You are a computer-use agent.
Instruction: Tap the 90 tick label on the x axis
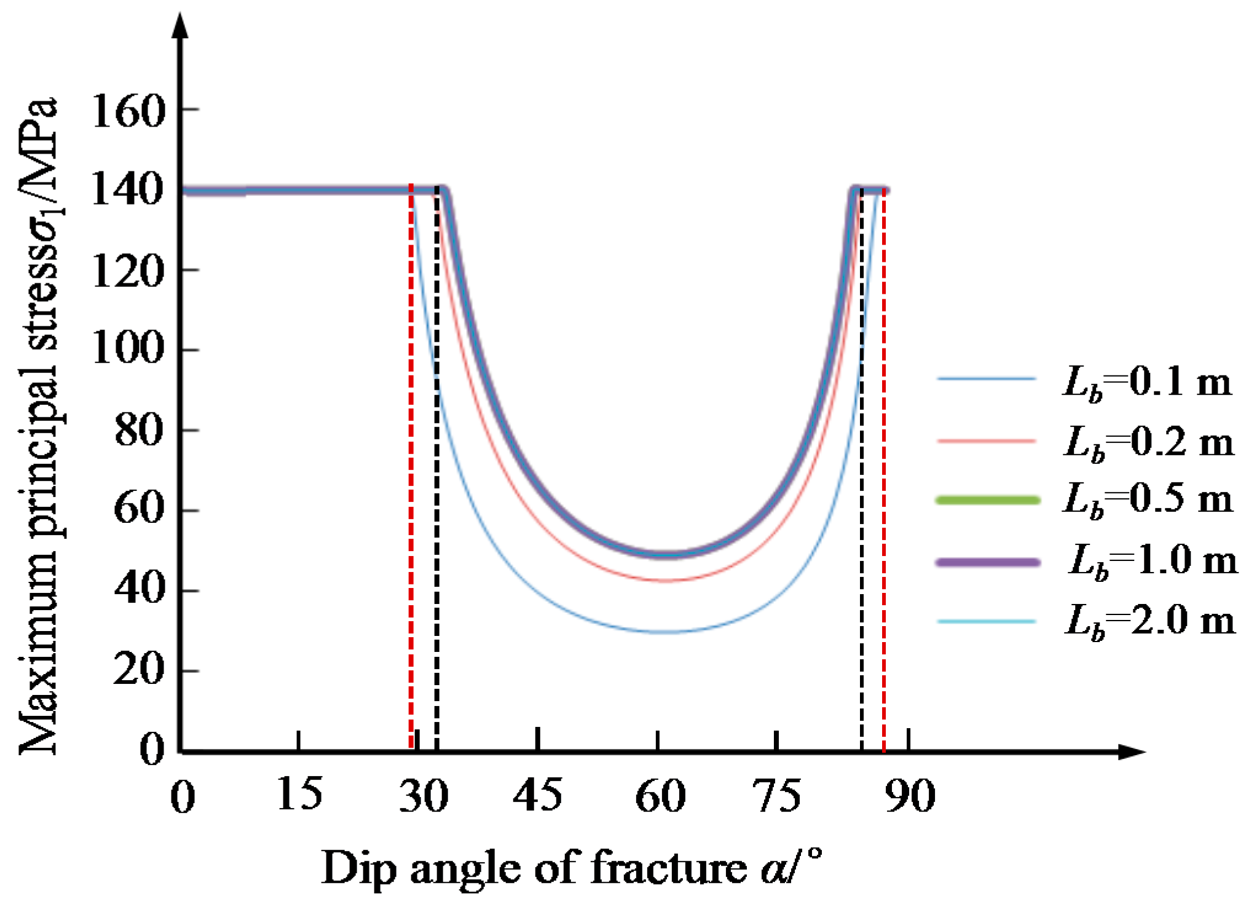tap(910, 796)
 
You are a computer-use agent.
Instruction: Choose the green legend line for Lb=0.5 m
tap(987, 500)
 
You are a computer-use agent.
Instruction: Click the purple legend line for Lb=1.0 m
tap(987, 562)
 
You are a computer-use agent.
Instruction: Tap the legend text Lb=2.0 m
tap(1149, 621)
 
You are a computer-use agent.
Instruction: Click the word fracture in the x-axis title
tap(668, 868)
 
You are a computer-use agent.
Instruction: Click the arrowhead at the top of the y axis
tap(179, 25)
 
